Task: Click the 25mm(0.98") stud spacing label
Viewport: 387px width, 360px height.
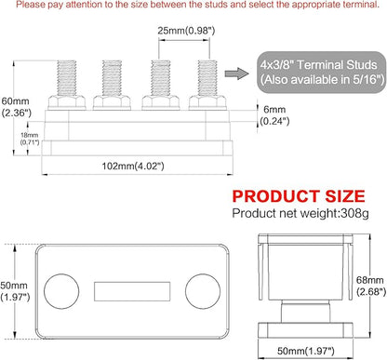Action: [186, 31]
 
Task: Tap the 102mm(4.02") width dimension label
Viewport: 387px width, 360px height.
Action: [133, 167]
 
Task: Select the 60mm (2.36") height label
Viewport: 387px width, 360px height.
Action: [16, 107]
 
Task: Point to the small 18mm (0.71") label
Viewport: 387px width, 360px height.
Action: [30, 139]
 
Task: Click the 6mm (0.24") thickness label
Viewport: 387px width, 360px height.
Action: [274, 115]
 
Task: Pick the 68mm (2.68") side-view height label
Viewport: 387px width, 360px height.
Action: [371, 286]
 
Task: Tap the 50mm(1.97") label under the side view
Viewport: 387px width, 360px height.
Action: [306, 351]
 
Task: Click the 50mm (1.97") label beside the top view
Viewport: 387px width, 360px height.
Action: [15, 291]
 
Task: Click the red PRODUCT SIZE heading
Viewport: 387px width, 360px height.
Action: [299, 196]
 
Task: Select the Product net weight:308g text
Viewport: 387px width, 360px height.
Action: [300, 213]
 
